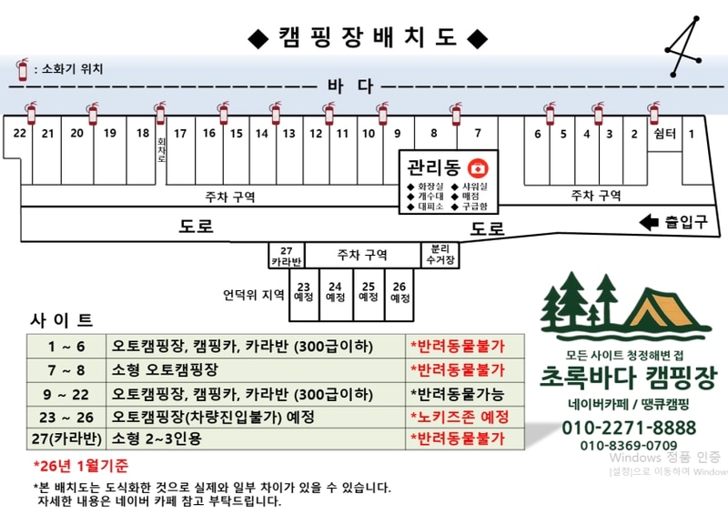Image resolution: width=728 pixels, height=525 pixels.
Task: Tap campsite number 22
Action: (19, 133)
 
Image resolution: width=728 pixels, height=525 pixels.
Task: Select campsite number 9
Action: (397, 133)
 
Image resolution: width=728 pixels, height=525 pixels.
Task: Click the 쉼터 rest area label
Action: (665, 134)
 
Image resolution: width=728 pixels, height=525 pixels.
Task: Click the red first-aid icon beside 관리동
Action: (476, 168)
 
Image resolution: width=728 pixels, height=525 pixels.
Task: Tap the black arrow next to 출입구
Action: (649, 222)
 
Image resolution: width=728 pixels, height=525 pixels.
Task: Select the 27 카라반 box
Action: (287, 256)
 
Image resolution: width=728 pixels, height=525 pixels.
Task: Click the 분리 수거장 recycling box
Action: (438, 256)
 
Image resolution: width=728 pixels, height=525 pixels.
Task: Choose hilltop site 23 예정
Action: (304, 292)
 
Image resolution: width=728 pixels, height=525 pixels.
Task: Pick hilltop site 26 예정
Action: (399, 292)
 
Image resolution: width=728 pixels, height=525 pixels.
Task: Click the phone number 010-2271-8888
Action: (629, 428)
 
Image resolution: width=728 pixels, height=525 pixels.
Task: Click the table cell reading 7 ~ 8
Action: (67, 370)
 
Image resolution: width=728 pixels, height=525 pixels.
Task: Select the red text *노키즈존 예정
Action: (459, 417)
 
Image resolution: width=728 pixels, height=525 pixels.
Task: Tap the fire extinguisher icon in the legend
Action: (22, 68)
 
